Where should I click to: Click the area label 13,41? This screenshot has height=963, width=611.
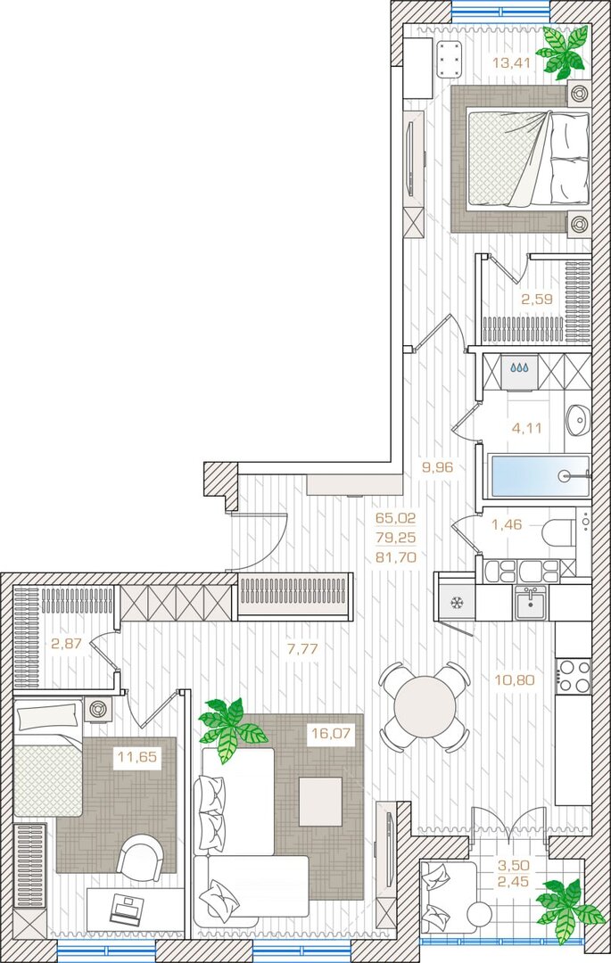click(x=511, y=62)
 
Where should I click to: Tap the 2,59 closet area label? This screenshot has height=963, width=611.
click(x=537, y=300)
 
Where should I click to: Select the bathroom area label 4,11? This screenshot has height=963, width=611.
click(x=526, y=428)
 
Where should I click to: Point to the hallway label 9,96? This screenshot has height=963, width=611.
click(x=436, y=466)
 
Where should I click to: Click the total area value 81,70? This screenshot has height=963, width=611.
click(x=396, y=557)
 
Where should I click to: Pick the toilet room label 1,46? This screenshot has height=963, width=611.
click(x=507, y=524)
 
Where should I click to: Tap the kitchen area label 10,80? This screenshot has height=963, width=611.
click(x=514, y=679)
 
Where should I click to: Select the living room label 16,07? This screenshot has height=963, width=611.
click(x=330, y=733)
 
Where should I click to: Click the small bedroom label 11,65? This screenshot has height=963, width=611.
click(x=137, y=757)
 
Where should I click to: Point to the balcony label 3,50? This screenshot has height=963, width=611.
click(x=513, y=865)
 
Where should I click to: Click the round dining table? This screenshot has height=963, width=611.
click(x=425, y=706)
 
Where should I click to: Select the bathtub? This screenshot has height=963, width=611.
click(x=539, y=476)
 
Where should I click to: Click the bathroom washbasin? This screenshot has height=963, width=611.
click(x=577, y=419)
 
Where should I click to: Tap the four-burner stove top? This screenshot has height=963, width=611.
click(x=574, y=676)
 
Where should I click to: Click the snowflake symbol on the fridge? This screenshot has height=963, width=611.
click(x=457, y=603)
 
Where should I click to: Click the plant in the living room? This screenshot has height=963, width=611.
click(x=231, y=729)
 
